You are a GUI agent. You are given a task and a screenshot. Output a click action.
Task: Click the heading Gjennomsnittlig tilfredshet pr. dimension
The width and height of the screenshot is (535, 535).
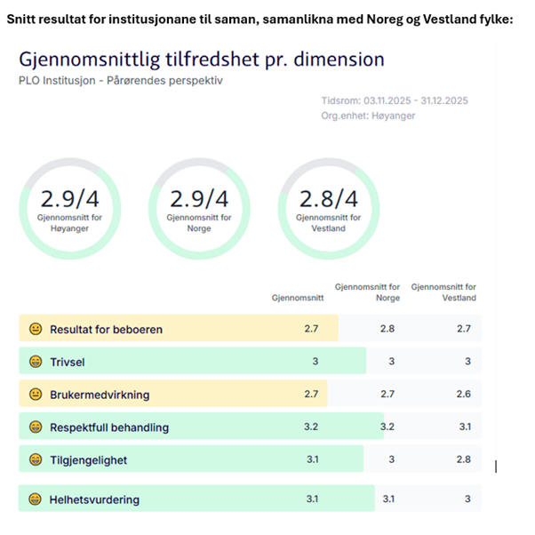202,60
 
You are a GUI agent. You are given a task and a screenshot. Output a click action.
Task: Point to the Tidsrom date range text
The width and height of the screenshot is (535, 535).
395,100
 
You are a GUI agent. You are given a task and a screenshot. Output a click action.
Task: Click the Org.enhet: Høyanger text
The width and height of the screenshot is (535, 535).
368,116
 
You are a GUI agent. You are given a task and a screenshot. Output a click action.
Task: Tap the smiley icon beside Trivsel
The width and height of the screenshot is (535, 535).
36,362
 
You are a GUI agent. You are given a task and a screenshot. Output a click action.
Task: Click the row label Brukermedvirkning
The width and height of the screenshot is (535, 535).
100,394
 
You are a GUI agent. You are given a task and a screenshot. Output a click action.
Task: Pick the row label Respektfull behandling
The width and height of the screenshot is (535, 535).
108,427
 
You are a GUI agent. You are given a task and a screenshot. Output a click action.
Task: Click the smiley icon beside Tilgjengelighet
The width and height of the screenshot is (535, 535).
36,459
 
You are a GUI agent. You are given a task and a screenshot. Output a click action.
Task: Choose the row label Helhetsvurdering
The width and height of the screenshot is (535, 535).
94,499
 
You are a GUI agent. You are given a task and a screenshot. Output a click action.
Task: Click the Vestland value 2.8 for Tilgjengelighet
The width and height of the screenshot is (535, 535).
463,459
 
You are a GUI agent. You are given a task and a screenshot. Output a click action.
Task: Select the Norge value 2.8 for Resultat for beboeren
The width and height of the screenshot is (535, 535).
387,330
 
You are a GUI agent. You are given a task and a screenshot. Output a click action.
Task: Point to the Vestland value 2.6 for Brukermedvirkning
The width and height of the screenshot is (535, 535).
463,394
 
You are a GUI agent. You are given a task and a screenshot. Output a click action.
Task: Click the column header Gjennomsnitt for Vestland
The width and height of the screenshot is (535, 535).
443,292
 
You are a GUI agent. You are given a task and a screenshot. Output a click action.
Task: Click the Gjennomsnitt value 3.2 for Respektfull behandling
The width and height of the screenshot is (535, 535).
311,427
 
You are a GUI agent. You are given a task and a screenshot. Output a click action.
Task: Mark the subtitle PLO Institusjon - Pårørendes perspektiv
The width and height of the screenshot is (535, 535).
120,81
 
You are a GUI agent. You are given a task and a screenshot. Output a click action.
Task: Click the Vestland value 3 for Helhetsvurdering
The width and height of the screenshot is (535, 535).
467,499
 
